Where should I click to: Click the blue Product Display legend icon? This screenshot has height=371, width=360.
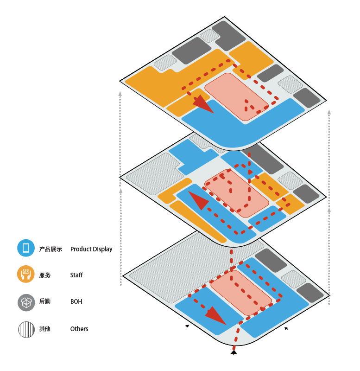[26, 248]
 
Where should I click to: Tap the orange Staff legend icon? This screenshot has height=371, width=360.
[26, 275]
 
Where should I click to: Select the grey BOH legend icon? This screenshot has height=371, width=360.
[26, 302]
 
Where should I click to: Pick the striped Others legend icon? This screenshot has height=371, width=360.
[26, 329]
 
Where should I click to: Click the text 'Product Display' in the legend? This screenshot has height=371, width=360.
[91, 249]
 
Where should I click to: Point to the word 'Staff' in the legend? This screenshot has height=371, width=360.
[76, 275]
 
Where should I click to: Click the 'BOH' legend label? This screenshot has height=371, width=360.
[76, 302]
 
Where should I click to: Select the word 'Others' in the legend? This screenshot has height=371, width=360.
[79, 329]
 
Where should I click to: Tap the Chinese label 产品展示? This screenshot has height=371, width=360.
[51, 249]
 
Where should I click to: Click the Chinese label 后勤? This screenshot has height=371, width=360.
[45, 302]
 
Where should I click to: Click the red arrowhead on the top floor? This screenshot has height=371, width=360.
[203, 104]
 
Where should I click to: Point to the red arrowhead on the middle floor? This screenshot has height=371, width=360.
[198, 201]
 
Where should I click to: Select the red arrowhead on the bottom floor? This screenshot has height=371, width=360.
[215, 315]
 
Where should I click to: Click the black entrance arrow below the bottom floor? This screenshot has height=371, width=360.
[234, 353]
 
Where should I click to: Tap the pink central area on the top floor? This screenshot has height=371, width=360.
[236, 97]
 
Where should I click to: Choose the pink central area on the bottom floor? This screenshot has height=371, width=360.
[241, 292]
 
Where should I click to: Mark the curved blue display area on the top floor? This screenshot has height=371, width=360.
[241, 128]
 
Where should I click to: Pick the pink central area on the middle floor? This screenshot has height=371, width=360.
[236, 192]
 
